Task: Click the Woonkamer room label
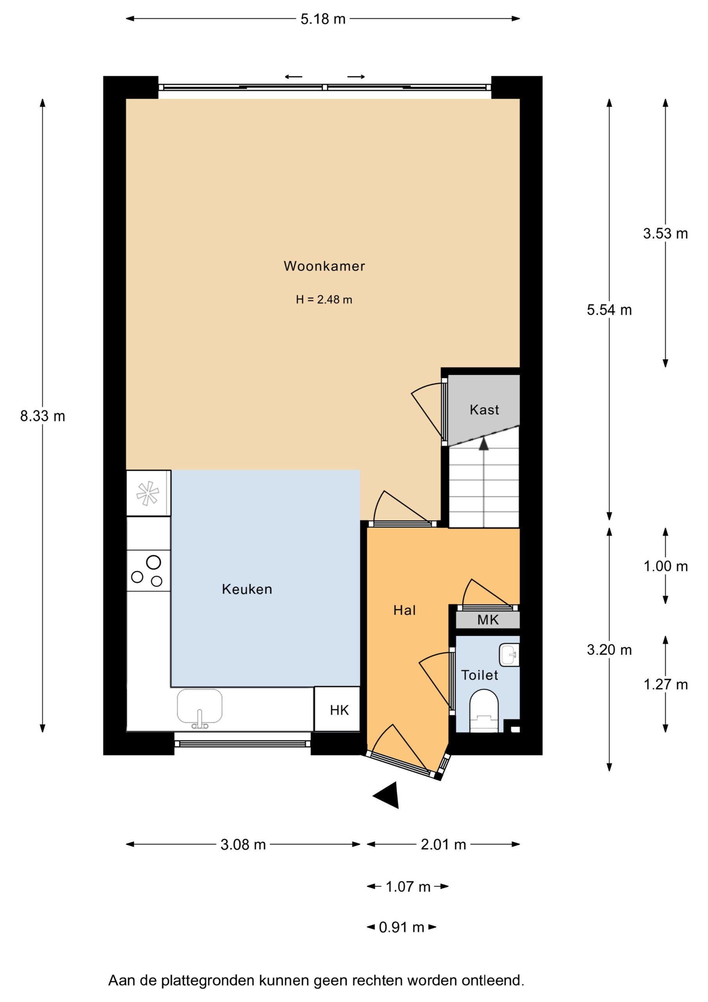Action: (x=324, y=266)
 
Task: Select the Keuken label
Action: (x=247, y=589)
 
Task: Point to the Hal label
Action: (x=404, y=610)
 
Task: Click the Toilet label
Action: (x=480, y=675)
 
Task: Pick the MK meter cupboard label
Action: (x=488, y=620)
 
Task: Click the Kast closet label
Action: (x=484, y=410)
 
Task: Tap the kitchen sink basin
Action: (x=199, y=706)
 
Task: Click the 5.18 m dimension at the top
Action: (x=323, y=19)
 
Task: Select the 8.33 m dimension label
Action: (x=43, y=416)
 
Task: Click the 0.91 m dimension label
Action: (x=401, y=927)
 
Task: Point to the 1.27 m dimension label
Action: (x=666, y=684)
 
